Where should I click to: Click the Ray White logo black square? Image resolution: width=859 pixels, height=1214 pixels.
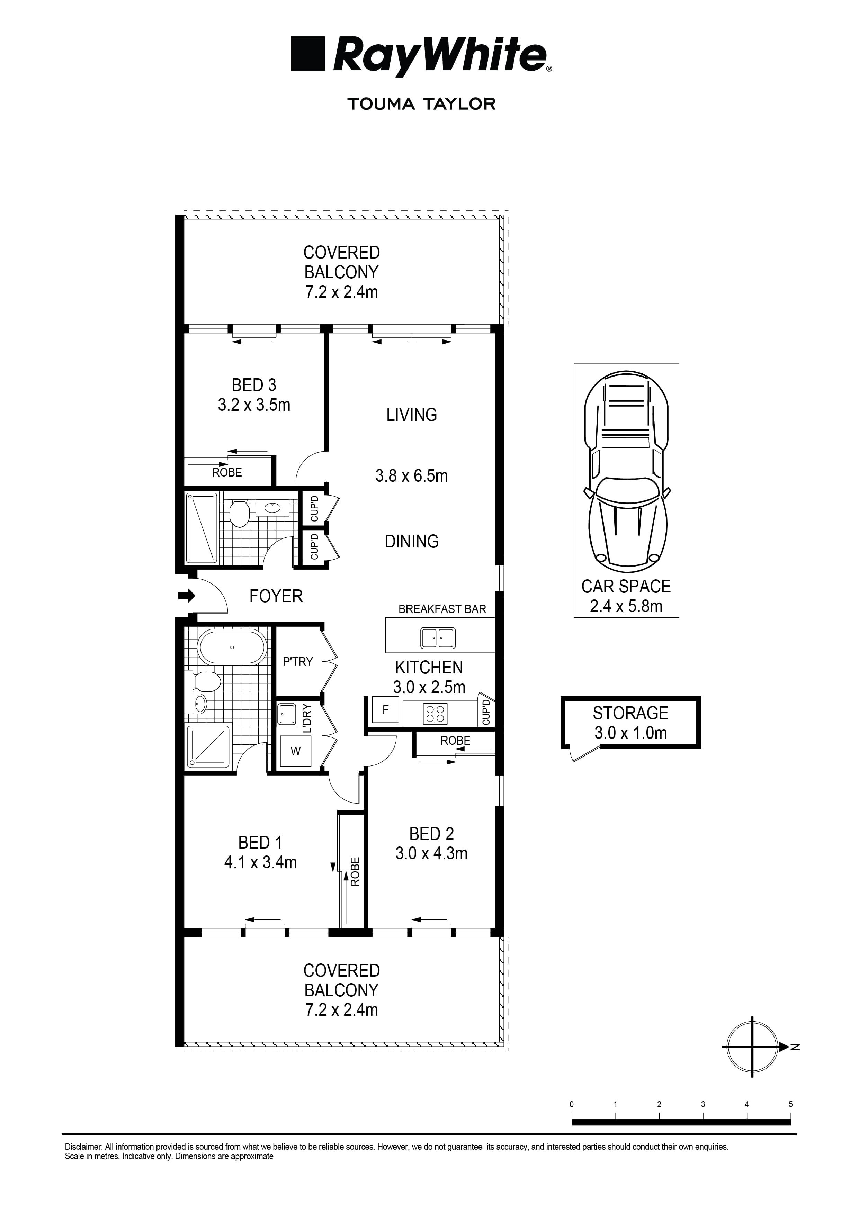click(x=307, y=53)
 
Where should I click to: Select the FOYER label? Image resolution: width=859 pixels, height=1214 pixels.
click(x=276, y=596)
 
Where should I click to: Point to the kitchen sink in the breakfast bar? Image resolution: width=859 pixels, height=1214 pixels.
click(x=437, y=638)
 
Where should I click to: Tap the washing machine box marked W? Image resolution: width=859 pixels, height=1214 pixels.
click(x=295, y=751)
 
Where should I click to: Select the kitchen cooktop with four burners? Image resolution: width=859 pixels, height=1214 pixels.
click(x=435, y=714)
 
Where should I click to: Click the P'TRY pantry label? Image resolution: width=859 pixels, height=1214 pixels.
click(x=298, y=661)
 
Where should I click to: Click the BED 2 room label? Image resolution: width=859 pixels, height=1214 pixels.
click(x=431, y=834)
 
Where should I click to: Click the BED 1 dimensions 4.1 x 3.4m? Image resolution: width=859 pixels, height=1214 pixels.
click(x=260, y=862)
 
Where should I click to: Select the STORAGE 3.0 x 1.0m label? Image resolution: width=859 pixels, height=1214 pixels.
click(x=630, y=722)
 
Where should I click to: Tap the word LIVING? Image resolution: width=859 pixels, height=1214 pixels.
click(x=412, y=415)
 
